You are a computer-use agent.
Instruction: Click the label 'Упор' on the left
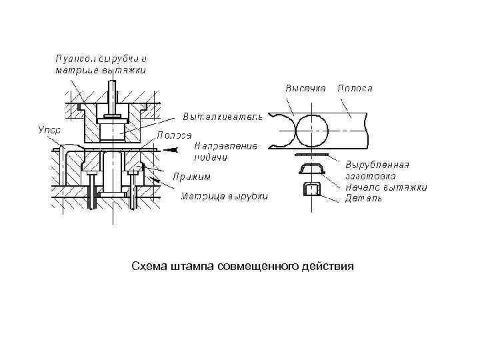(49, 130)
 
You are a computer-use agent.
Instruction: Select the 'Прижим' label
(191, 177)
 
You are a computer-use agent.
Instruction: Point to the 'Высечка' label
(305, 88)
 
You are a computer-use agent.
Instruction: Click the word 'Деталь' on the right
(363, 198)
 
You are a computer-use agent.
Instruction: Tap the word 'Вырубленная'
(377, 165)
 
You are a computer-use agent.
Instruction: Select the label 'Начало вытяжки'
(386, 187)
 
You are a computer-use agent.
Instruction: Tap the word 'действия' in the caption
(328, 267)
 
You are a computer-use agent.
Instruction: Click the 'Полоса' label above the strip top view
(355, 88)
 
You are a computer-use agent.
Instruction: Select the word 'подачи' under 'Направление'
(211, 157)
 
